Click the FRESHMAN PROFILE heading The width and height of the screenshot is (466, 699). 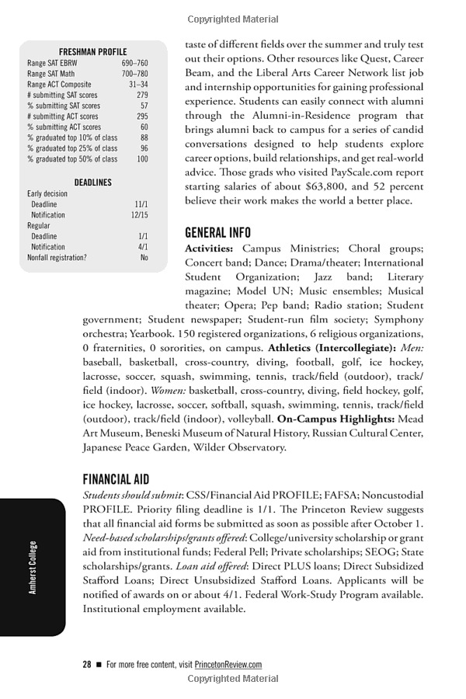[x=92, y=51]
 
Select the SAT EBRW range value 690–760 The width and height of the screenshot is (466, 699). [x=134, y=63]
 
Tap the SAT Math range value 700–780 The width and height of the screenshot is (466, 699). [x=134, y=74]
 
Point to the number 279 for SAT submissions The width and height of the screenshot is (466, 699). [x=142, y=95]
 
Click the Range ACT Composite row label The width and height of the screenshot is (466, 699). [x=59, y=85]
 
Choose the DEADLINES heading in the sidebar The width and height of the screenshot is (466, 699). [x=92, y=183]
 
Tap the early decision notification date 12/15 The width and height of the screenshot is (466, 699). [x=139, y=214]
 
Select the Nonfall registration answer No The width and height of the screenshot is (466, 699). [x=144, y=257]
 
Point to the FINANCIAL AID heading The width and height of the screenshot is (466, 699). [x=116, y=479]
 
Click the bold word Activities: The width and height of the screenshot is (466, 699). [x=209, y=249]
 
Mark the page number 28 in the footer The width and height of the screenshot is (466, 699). [x=87, y=665]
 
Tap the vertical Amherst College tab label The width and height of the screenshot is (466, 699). [x=33, y=567]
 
